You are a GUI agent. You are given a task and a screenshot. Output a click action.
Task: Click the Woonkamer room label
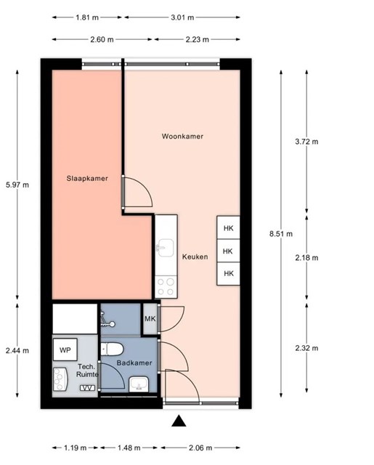coord(182,137)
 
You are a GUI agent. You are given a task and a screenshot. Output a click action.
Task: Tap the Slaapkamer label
coord(87,179)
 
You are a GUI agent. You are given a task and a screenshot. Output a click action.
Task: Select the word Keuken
coord(195,256)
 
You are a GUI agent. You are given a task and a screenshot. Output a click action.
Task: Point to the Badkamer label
coord(134,363)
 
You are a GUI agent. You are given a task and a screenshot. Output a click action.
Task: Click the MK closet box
coord(150,319)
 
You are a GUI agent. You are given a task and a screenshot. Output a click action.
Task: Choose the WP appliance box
coord(65,350)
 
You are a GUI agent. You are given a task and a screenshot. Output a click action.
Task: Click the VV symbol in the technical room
coord(88,388)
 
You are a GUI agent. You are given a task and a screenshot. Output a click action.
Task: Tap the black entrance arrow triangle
coord(179,421)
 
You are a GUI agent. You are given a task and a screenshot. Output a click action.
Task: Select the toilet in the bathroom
coord(112,349)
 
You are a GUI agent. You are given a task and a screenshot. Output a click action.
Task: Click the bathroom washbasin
coord(139,384)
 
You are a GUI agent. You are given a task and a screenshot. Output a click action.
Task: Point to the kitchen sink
coord(165,248)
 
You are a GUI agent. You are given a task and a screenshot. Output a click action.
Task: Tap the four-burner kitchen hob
coord(166,287)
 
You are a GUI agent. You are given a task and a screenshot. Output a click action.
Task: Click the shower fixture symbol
coord(107,320)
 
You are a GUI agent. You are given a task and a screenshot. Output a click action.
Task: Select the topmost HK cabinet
coord(228,227)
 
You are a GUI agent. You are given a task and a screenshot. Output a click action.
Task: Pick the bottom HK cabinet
coord(228,273)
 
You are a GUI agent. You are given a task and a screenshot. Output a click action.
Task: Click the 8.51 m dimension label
coord(281,234)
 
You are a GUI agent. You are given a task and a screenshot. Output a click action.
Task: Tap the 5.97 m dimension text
coord(17,185)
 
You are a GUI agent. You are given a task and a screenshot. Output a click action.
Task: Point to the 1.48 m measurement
coord(129,448)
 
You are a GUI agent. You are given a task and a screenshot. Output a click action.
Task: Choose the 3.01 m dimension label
coord(182,17)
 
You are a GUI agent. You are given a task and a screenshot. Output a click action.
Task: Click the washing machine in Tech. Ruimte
coord(60,379)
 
